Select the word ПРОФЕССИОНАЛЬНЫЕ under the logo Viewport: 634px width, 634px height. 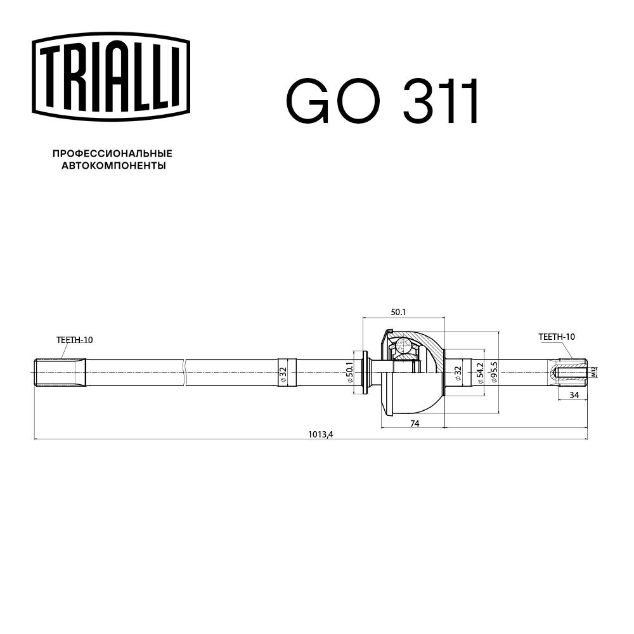(x=112, y=153)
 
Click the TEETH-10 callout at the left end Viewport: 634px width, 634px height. (x=74, y=340)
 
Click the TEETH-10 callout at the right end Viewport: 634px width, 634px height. (x=556, y=337)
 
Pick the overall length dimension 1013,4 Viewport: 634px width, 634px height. (x=320, y=434)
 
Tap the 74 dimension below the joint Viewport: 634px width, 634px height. (x=415, y=424)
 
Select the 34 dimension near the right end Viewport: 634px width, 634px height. (x=574, y=395)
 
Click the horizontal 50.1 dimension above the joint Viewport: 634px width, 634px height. (x=398, y=312)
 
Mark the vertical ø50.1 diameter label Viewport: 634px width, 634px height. (x=349, y=372)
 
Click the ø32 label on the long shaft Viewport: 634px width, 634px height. (x=283, y=372)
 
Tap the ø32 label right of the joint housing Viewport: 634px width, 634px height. (x=458, y=372)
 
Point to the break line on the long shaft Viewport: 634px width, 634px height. (x=184, y=372)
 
